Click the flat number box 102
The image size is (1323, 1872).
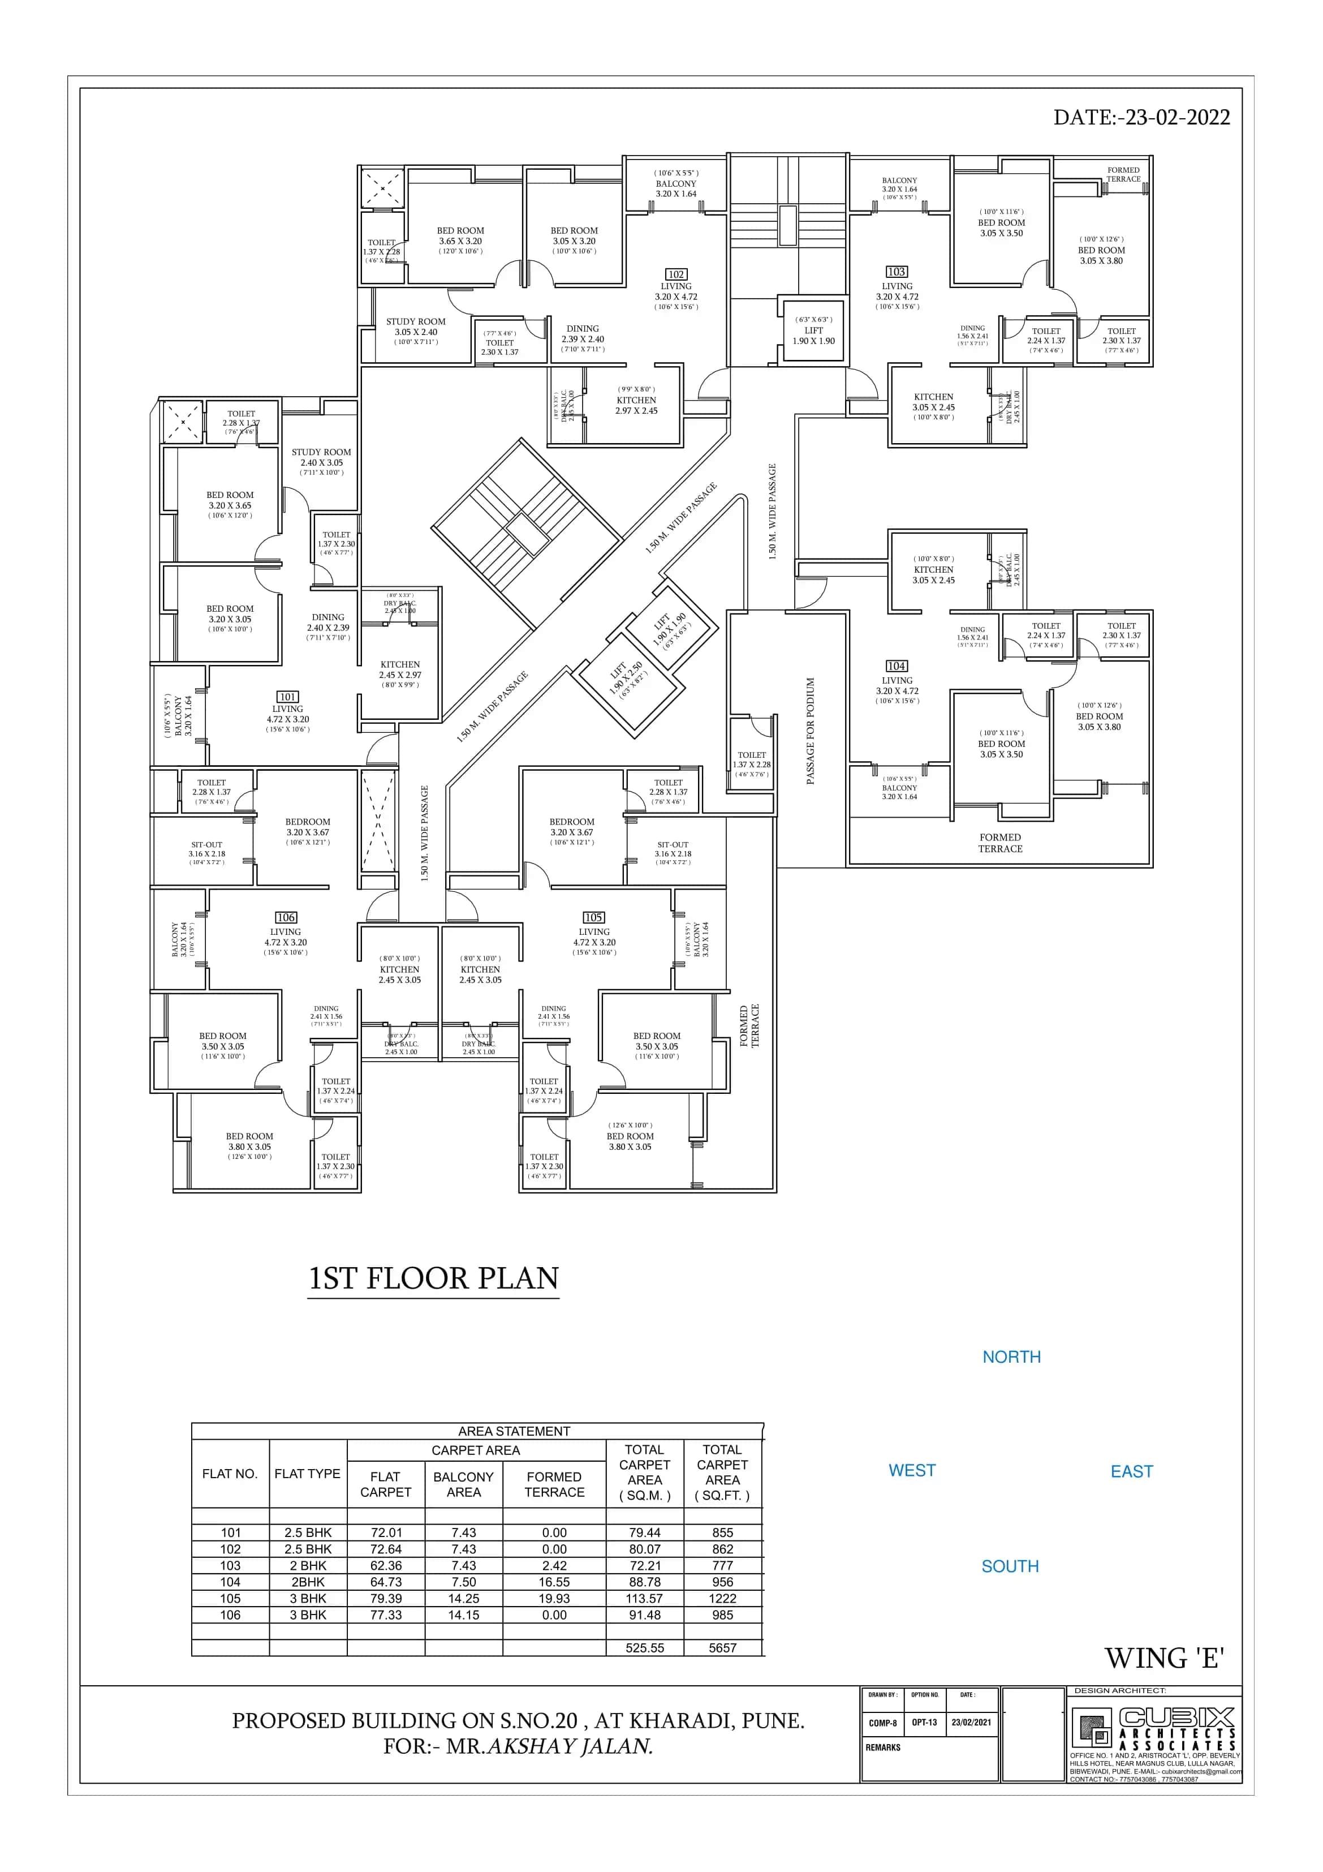676,275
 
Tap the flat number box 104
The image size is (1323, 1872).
897,666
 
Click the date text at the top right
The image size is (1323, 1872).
1141,117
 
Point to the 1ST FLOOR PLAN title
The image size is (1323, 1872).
434,1278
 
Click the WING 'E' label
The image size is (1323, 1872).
1164,1658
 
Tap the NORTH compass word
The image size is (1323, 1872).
1011,1356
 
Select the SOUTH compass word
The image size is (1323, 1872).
1010,1566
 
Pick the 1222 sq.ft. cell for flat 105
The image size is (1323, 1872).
722,1598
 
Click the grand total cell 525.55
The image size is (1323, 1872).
644,1648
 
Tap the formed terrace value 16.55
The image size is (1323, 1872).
554,1582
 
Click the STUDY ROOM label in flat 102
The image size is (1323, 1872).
416,322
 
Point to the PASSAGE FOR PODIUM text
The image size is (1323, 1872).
811,731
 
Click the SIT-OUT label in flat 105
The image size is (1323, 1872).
673,845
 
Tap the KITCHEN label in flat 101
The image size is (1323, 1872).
400,664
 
